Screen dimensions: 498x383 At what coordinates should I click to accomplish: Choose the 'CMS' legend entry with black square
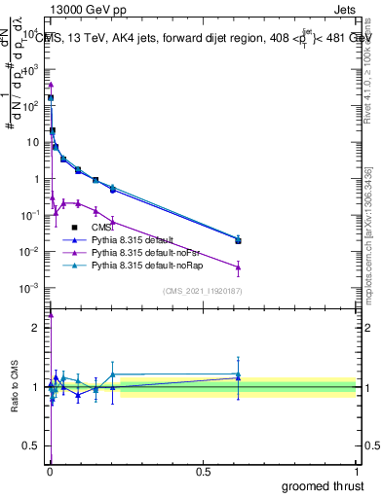pyautogui.click(x=102, y=226)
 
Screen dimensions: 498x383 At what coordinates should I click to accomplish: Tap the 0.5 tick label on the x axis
pyautogui.click(x=203, y=471)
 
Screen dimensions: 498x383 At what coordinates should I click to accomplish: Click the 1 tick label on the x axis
pyautogui.click(x=357, y=471)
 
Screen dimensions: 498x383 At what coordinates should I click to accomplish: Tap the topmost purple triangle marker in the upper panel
pyautogui.click(x=51, y=85)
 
